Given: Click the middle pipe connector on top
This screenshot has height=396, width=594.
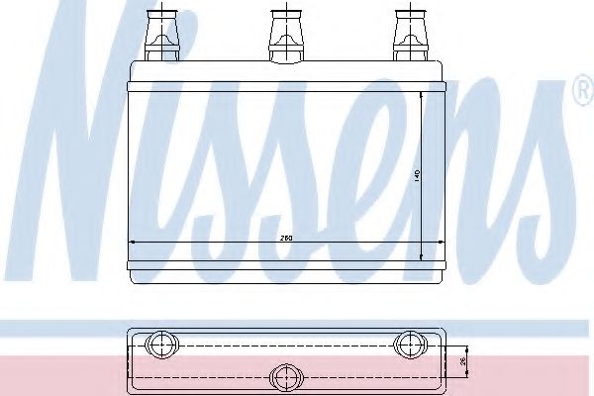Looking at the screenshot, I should pyautogui.click(x=283, y=35).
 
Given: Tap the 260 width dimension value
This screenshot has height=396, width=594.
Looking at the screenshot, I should pyautogui.click(x=286, y=238).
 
